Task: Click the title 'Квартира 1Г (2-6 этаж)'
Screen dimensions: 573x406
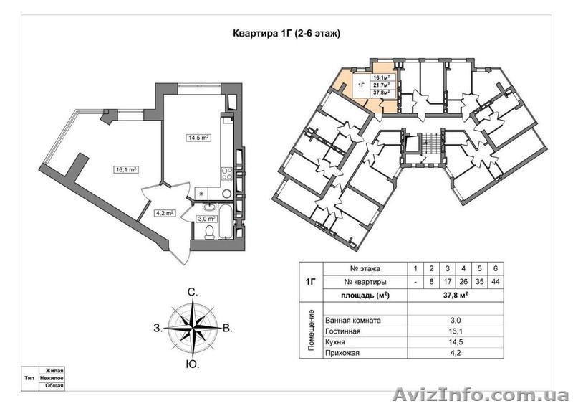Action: pyautogui.click(x=286, y=34)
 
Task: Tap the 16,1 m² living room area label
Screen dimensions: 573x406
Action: pyautogui.click(x=126, y=169)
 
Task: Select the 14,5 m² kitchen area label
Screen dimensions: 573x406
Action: pyautogui.click(x=198, y=138)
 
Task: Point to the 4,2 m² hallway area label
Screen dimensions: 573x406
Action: pyautogui.click(x=163, y=213)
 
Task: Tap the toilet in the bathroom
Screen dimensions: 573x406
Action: pyautogui.click(x=209, y=232)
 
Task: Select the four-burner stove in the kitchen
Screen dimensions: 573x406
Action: pyautogui.click(x=227, y=173)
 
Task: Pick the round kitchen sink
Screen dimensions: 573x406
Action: pyautogui.click(x=227, y=193)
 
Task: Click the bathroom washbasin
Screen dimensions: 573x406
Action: pyautogui.click(x=210, y=207)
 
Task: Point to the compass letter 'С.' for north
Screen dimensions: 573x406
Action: pyautogui.click(x=193, y=292)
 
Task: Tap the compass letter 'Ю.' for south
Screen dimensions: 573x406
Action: pyautogui.click(x=192, y=364)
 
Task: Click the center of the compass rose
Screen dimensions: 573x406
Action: pyautogui.click(x=193, y=328)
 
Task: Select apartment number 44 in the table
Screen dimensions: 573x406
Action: pyautogui.click(x=496, y=282)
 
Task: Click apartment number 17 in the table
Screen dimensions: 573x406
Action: pyautogui.click(x=447, y=282)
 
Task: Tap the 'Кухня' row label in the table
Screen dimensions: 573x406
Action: pyautogui.click(x=335, y=342)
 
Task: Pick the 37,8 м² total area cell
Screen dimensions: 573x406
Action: pyautogui.click(x=456, y=296)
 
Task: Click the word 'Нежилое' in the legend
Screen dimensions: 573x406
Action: pyautogui.click(x=52, y=378)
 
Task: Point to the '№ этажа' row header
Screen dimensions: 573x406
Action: pyautogui.click(x=365, y=268)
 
